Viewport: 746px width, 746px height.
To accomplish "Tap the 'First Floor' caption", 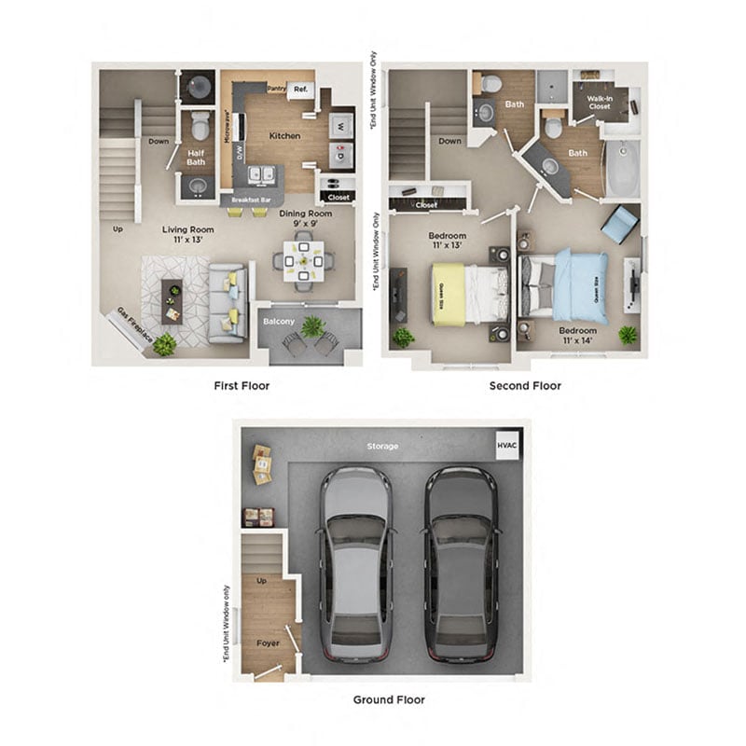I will pyautogui.click(x=241, y=385).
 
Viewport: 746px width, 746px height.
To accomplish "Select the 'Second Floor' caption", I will pyautogui.click(x=525, y=385).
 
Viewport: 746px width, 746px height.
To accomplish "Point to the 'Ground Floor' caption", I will pyautogui.click(x=389, y=698).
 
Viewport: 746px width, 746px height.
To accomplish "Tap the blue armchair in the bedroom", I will pyautogui.click(x=619, y=224).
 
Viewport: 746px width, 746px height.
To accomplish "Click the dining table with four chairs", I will pyautogui.click(x=303, y=261).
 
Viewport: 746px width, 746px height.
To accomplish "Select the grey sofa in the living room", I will pyautogui.click(x=226, y=300).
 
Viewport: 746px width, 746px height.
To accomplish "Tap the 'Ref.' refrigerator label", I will pyautogui.click(x=301, y=90).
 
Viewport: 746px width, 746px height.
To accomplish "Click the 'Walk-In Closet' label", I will pyautogui.click(x=600, y=103).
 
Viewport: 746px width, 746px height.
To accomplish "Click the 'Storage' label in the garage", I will pyautogui.click(x=382, y=446).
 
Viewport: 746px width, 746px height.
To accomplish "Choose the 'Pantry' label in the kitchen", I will pyautogui.click(x=276, y=89).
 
